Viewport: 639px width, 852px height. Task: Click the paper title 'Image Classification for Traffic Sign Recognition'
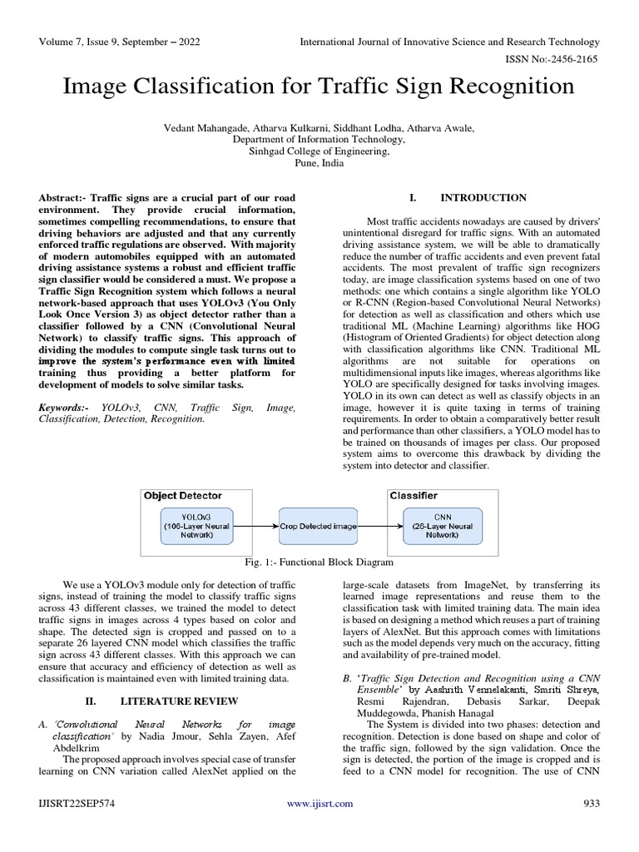[x=319, y=87]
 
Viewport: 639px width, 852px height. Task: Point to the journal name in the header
[x=451, y=42]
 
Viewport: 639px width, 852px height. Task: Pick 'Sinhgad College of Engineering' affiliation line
[x=319, y=151]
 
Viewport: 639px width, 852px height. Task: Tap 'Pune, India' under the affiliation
[x=319, y=164]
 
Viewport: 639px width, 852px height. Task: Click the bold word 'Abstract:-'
[x=62, y=198]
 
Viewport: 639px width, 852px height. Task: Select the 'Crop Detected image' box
[x=318, y=527]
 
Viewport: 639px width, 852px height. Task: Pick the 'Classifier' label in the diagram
[x=414, y=496]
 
